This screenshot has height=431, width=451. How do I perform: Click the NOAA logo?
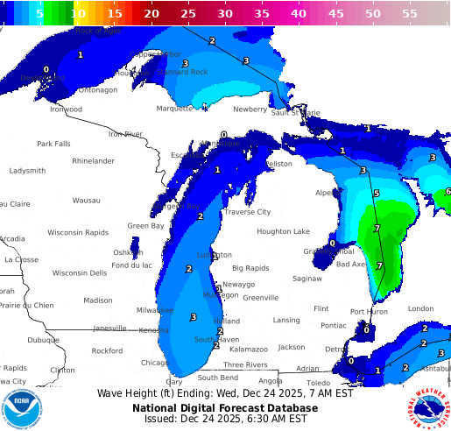(21, 407)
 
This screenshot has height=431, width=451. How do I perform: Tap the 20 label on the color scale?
(152, 14)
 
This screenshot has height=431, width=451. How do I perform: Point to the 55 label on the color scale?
(410, 14)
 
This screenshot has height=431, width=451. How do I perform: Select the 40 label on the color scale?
(299, 14)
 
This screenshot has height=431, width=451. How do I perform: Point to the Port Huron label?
(370, 311)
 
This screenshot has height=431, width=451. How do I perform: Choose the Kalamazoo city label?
(249, 349)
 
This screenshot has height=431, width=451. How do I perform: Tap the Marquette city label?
(174, 109)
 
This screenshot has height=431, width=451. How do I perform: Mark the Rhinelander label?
(93, 161)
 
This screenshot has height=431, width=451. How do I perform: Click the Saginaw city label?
(307, 279)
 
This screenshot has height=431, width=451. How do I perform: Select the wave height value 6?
(447, 192)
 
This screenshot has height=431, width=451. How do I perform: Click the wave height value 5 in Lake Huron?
(377, 194)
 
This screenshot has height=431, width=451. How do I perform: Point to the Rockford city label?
(107, 350)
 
